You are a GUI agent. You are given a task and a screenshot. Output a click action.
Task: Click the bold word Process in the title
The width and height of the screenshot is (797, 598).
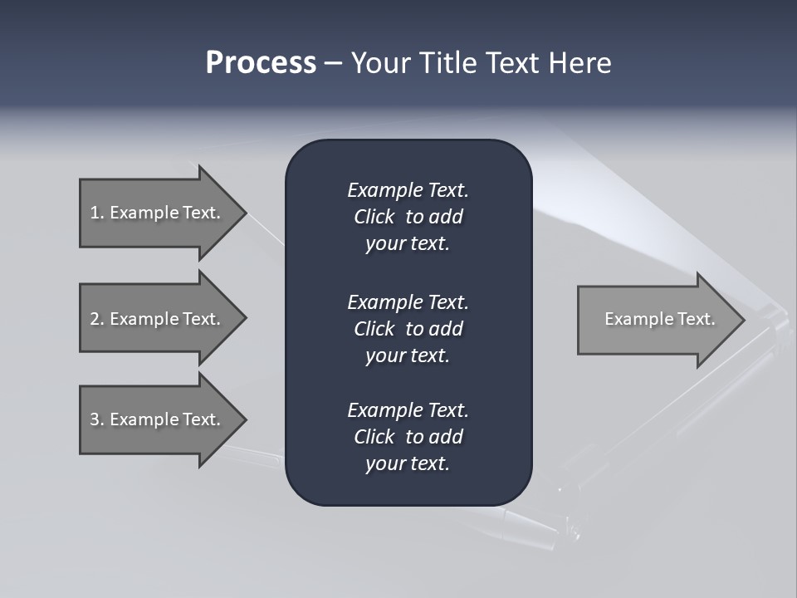click(x=261, y=63)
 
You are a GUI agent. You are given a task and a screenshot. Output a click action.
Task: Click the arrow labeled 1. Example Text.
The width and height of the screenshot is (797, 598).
click(x=158, y=213)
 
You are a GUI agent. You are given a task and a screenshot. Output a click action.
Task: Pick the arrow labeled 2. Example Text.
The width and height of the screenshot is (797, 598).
click(x=158, y=319)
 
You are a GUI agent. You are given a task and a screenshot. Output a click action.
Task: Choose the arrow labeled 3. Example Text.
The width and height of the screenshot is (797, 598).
click(x=158, y=419)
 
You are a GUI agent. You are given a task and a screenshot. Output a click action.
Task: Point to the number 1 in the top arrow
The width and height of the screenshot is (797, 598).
click(x=95, y=213)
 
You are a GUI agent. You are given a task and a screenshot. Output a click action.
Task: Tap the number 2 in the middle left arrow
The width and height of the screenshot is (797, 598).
click(x=95, y=319)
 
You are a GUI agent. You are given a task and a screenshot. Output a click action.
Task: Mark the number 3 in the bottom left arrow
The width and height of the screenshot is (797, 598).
click(x=95, y=419)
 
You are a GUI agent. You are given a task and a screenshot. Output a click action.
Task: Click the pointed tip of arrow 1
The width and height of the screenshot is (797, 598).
click(x=243, y=213)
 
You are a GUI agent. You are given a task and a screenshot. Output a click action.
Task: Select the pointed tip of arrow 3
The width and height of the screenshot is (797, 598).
click(x=243, y=419)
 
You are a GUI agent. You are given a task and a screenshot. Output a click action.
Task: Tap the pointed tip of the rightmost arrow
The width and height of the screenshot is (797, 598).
click(x=741, y=320)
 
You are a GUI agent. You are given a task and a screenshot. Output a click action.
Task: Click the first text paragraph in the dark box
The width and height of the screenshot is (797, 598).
click(x=408, y=217)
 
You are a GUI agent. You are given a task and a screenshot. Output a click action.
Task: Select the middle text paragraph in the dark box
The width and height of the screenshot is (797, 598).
click(x=408, y=329)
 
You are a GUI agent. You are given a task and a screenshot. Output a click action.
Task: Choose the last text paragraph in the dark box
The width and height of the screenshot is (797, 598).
click(x=408, y=437)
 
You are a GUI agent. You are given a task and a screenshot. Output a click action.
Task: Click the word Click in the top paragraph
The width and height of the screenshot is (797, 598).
click(x=374, y=217)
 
